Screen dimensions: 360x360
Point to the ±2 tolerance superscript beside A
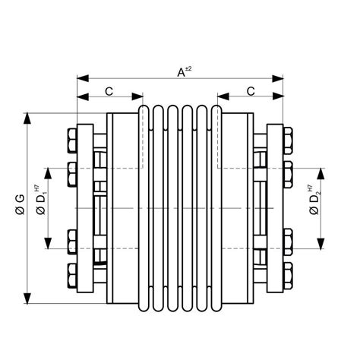point(188,68)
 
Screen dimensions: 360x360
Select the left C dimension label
point(109,92)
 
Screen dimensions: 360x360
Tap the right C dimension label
point(250,92)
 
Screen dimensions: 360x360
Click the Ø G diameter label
point(21,204)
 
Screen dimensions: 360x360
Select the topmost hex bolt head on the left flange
point(72,141)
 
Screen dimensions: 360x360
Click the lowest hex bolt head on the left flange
point(72,274)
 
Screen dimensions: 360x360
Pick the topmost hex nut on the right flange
point(288,141)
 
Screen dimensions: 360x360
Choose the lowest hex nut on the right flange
point(288,274)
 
